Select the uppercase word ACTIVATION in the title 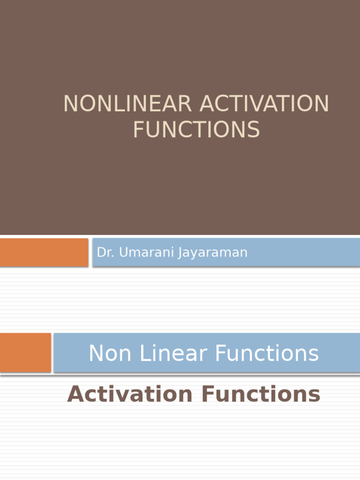264,104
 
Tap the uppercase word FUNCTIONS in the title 196,129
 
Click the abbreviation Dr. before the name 105,253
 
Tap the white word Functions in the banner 263,353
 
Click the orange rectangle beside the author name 44,252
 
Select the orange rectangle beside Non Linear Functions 25,352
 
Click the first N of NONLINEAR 70,104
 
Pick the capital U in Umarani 123,253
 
